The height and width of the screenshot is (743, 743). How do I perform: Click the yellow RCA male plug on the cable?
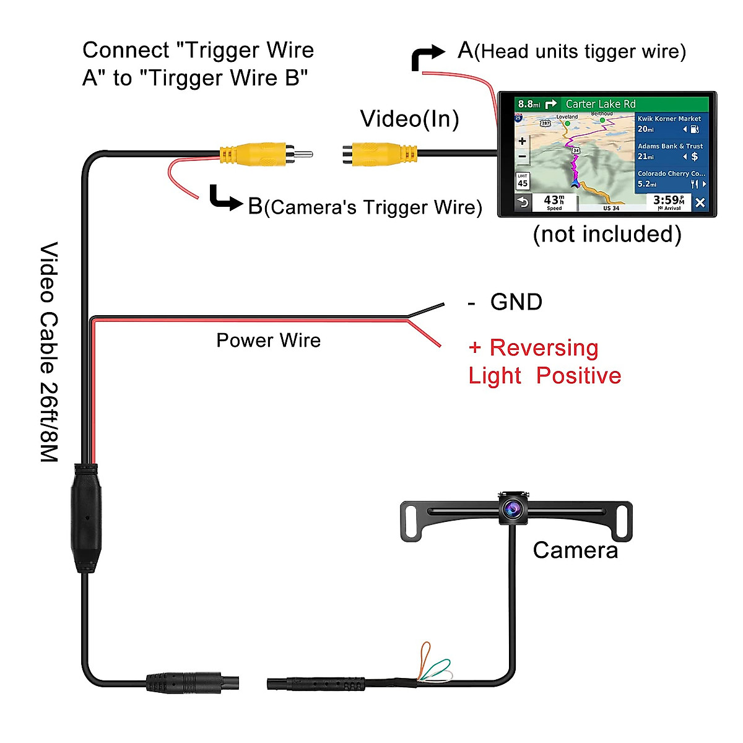(x=254, y=154)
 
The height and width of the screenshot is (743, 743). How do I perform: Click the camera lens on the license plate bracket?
(x=512, y=509)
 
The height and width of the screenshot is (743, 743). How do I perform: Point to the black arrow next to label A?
(x=427, y=57)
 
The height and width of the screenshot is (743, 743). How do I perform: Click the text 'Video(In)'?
(x=409, y=119)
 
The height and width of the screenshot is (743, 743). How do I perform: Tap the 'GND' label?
(x=516, y=302)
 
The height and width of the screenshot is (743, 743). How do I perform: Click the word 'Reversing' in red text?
(x=544, y=348)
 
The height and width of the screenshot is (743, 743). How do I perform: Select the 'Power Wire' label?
(x=268, y=341)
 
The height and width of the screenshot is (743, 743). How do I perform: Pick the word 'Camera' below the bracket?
(x=575, y=550)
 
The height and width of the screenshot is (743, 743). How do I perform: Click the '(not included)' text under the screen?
(x=607, y=234)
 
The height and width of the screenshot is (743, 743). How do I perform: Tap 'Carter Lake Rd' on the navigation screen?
(x=600, y=104)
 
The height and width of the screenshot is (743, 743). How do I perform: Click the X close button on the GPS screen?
(x=700, y=202)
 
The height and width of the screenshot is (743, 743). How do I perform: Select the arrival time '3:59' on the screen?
(x=667, y=201)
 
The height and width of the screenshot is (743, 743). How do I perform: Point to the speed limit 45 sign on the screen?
(x=523, y=181)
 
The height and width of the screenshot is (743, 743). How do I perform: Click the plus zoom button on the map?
(x=523, y=141)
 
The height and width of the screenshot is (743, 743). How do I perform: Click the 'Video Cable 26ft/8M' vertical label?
(x=49, y=352)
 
